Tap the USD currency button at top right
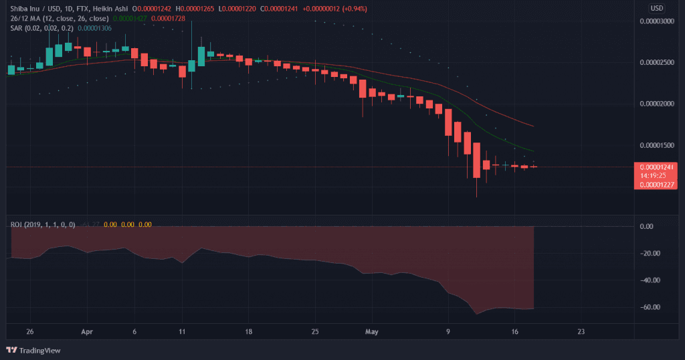[x=657, y=8]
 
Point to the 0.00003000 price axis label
[x=657, y=21]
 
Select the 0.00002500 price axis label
[x=657, y=63]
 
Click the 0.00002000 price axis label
[x=657, y=104]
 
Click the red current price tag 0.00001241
[x=658, y=167]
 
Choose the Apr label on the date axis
[x=86, y=331]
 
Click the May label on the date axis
[x=373, y=331]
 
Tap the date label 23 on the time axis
[x=581, y=331]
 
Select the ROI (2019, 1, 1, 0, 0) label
[x=43, y=224]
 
